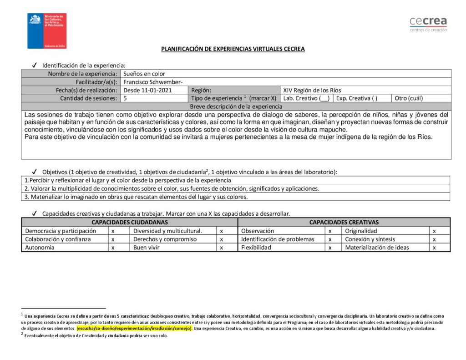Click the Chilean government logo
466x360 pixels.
click(47, 31)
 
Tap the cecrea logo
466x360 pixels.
click(428, 24)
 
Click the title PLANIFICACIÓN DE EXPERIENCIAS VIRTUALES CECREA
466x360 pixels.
click(233, 49)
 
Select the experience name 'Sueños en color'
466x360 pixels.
click(144, 74)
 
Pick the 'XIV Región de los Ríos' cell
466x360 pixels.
click(312, 90)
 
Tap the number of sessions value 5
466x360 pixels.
click(125, 98)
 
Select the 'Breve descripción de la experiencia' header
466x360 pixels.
click(236, 106)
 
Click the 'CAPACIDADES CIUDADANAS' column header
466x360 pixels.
click(130, 222)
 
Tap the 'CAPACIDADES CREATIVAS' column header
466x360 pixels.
click(344, 222)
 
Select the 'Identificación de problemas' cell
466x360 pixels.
click(278, 239)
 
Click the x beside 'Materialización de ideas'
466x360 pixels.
click(435, 248)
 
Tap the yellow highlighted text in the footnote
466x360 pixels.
click(135, 328)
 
